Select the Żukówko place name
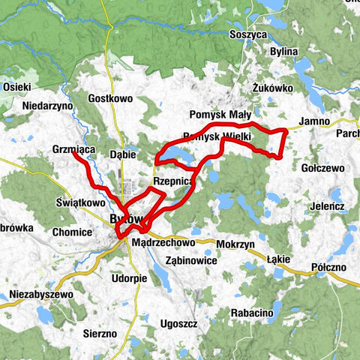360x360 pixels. click(x=272, y=87)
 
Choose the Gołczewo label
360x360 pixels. click(x=322, y=168)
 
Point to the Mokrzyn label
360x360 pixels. click(x=235, y=244)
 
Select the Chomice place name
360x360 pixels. click(x=72, y=232)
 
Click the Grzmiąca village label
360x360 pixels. click(x=73, y=150)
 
